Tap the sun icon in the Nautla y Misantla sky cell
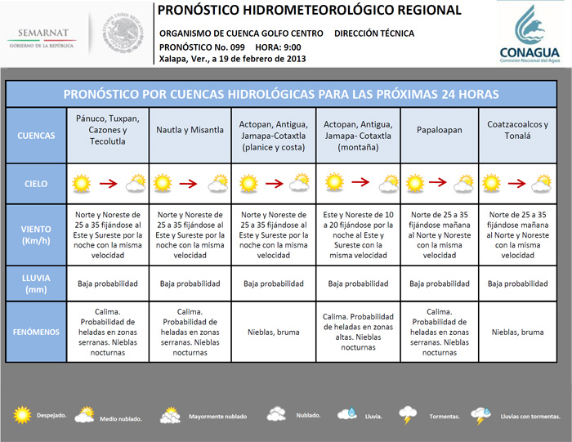pos(166,184)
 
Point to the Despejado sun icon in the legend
pos(22,415)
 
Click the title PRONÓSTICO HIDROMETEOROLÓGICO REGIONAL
pos(308,11)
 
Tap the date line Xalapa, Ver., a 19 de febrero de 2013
pos(232,60)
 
